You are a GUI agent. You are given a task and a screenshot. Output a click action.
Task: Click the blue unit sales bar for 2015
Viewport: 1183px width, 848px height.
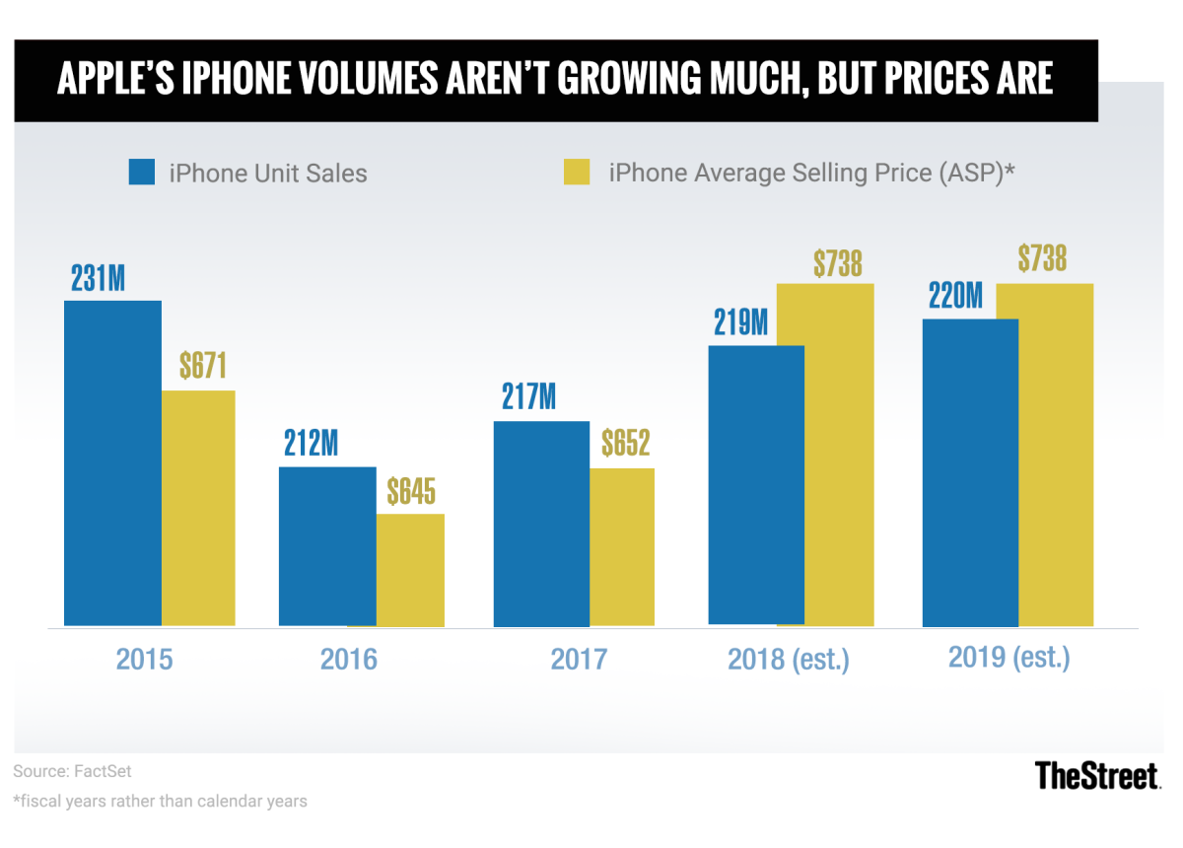pyautogui.click(x=112, y=463)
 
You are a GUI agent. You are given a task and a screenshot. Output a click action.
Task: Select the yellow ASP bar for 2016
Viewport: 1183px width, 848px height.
pyautogui.click(x=410, y=570)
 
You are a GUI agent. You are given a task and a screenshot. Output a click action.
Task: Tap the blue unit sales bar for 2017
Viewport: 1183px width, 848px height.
pyautogui.click(x=541, y=524)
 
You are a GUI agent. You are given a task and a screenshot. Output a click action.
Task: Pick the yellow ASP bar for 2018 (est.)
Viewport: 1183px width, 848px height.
pyautogui.click(x=825, y=455)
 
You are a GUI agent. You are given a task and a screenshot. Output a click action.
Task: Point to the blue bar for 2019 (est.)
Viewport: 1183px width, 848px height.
pyautogui.click(x=970, y=472)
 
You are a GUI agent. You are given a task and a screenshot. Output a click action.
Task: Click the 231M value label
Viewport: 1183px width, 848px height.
pyautogui.click(x=98, y=278)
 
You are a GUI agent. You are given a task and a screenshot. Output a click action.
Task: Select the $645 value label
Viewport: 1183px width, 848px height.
pyautogui.click(x=410, y=490)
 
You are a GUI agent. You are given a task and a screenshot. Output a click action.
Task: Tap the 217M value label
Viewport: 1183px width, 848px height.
pyautogui.click(x=527, y=398)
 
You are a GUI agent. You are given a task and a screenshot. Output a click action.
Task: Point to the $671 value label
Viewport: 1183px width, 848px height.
pyautogui.click(x=203, y=367)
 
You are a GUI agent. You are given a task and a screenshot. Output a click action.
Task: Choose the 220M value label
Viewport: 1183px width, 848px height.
pyautogui.click(x=954, y=296)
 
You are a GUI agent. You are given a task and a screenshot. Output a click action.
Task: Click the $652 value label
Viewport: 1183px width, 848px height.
pyautogui.click(x=625, y=444)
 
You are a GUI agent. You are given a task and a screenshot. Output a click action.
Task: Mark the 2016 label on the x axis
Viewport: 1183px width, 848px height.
pyautogui.click(x=349, y=659)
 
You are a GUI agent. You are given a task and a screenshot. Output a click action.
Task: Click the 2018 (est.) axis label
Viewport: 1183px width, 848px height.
pyautogui.click(x=789, y=659)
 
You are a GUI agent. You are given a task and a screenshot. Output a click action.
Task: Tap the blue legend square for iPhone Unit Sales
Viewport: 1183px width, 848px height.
pyautogui.click(x=142, y=173)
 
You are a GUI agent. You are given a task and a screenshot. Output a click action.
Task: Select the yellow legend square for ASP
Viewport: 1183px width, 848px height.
pyautogui.click(x=576, y=173)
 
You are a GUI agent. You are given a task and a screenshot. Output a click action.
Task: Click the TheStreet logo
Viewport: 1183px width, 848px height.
pyautogui.click(x=1097, y=776)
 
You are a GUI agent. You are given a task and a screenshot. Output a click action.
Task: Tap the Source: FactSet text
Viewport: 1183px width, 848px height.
pyautogui.click(x=72, y=770)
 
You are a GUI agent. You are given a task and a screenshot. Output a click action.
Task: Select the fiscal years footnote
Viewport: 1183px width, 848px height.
pyautogui.click(x=160, y=801)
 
